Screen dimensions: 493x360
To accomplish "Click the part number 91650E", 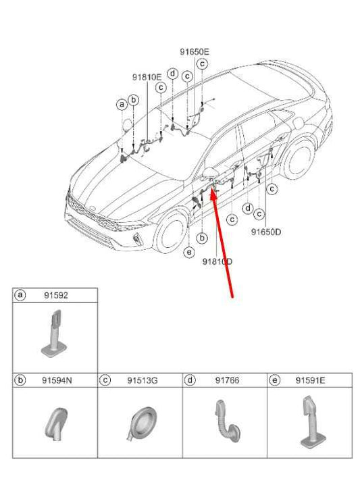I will tap(194, 51).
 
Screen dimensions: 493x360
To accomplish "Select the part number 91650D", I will tap(266, 231).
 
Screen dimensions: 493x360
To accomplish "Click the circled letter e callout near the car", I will tap(189, 252).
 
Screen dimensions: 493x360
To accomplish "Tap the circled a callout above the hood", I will tap(121, 104).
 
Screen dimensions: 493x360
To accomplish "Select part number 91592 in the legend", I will tap(55, 295).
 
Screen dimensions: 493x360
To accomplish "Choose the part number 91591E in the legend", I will tap(311, 381).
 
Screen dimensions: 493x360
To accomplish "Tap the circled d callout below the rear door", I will tap(248, 208).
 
